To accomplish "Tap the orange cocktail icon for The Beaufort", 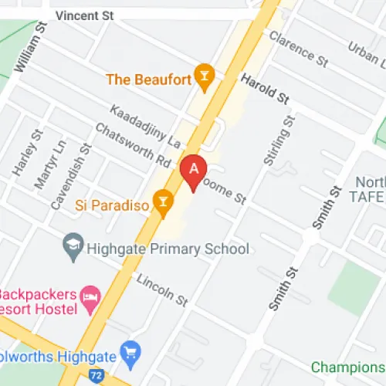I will tap(205, 75).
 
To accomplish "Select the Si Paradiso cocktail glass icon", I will tap(162, 205).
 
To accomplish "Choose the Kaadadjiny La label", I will tap(145, 126).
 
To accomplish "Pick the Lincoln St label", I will tap(161, 287).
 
